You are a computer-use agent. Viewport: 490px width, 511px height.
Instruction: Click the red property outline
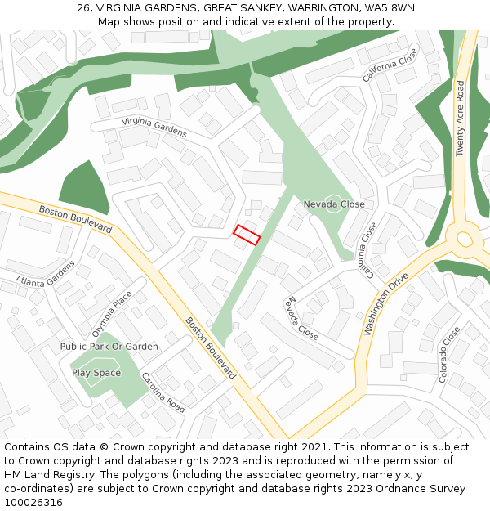pos(247,235)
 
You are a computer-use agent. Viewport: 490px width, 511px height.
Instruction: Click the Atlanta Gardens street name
pos(45,274)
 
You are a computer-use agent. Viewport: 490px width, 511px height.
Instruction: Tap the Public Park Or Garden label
pos(109,347)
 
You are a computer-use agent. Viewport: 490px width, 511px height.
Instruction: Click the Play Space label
pos(96,373)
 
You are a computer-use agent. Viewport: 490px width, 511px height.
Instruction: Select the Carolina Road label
pos(163,392)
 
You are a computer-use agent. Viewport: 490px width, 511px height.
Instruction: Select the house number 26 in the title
pos(83,7)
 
